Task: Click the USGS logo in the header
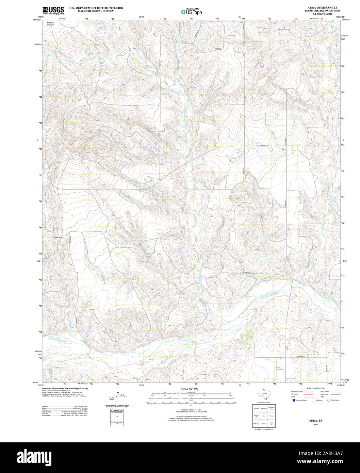53,11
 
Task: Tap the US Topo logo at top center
191,11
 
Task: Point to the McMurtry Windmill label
50,24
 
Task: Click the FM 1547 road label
285,202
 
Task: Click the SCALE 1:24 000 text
190,389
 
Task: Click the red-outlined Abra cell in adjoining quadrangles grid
263,416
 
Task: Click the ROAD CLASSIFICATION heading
316,388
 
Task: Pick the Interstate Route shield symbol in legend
293,400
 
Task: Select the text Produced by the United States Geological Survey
65,388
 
